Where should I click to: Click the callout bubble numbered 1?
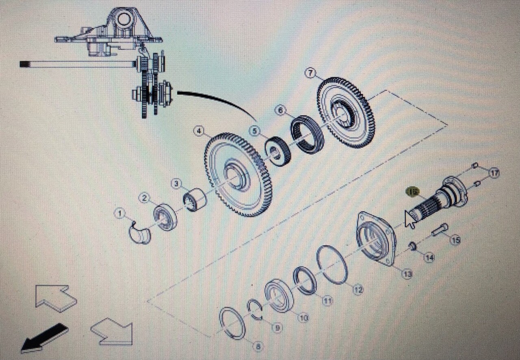pos(119,213)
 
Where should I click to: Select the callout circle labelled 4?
pos(199,131)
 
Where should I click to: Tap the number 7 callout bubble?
pos(310,73)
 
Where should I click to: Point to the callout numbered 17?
pos(494,173)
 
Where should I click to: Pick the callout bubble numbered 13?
pos(407,274)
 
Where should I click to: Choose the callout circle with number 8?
pos(258,347)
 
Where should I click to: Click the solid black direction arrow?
pos(44,337)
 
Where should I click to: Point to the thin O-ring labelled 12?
pos(332,264)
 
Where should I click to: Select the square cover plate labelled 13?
pos(376,239)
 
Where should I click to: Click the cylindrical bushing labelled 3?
pos(195,199)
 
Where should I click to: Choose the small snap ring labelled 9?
pos(255,310)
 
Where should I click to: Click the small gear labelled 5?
pos(277,151)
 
